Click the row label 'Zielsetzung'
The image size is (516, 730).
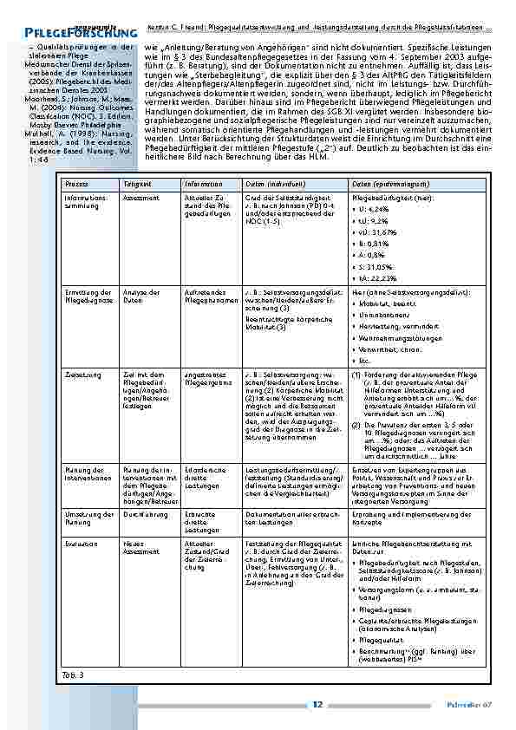point(82,375)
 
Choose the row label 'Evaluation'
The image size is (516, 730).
point(80,544)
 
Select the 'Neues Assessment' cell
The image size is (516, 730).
point(141,547)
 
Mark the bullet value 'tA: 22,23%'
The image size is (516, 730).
point(377,277)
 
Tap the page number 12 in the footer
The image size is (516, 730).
point(317,704)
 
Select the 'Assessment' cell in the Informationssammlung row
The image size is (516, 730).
point(140,198)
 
